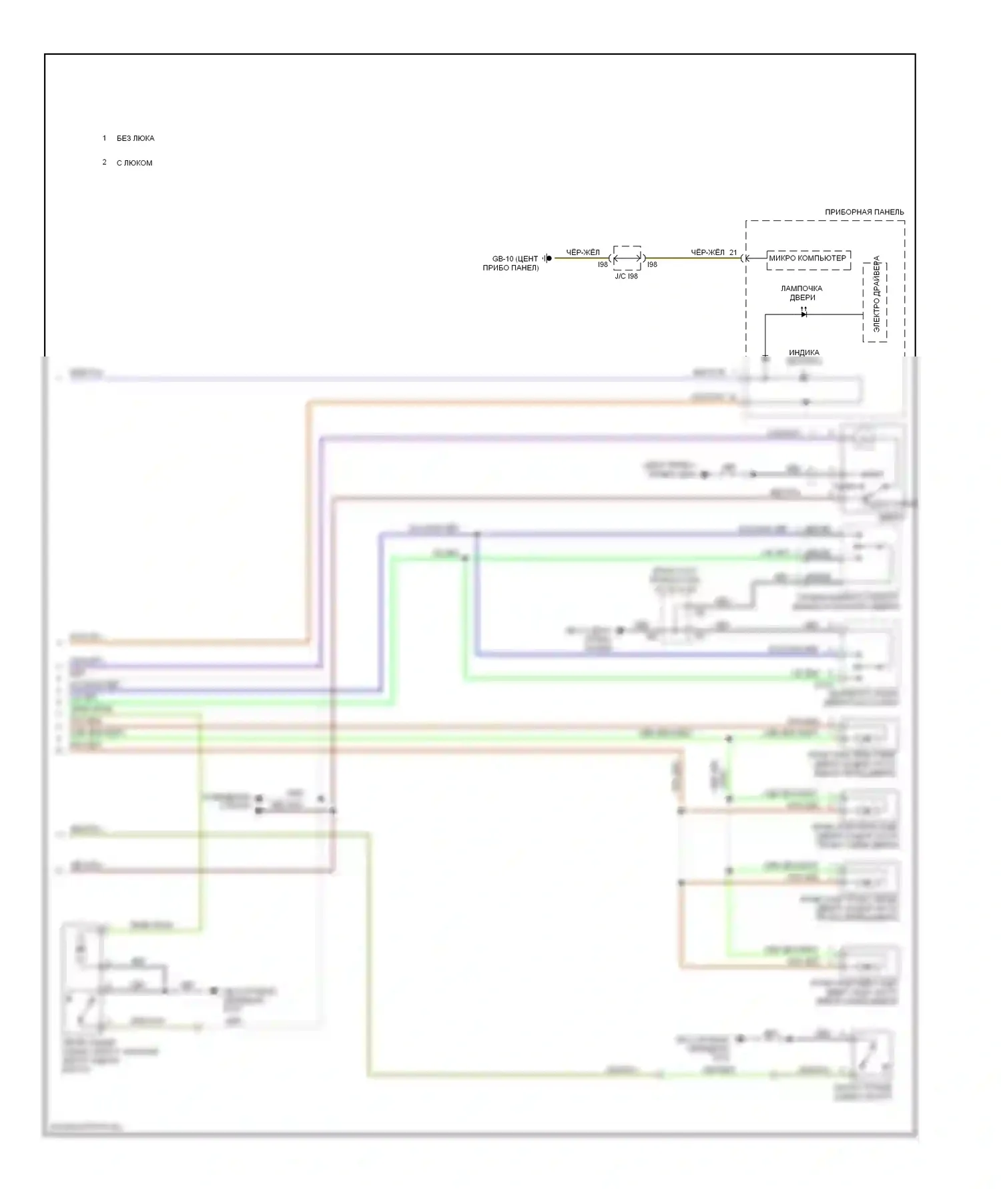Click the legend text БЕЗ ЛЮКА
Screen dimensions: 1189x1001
135,138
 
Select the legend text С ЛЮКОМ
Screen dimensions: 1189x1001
134,163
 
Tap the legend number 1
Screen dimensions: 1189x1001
104,138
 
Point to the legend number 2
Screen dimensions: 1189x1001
104,162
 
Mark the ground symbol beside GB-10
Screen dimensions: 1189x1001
547,258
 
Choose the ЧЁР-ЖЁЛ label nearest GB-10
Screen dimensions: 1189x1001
583,252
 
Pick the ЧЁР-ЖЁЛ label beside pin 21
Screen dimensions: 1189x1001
707,252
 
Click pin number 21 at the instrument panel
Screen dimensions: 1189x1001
733,252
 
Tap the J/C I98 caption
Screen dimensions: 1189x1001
626,276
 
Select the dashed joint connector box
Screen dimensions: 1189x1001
627,258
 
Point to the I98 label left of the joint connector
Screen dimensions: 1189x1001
603,265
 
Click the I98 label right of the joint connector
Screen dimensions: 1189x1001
652,265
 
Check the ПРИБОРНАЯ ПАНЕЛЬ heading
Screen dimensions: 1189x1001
864,212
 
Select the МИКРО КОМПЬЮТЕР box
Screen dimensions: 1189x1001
807,258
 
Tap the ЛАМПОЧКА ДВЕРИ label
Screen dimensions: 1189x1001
801,293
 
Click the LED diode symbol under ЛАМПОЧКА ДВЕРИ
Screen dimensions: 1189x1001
803,313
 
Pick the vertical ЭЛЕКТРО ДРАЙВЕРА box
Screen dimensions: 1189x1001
875,302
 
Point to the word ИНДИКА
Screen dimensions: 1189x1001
803,352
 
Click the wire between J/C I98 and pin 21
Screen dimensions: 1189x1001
694,258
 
